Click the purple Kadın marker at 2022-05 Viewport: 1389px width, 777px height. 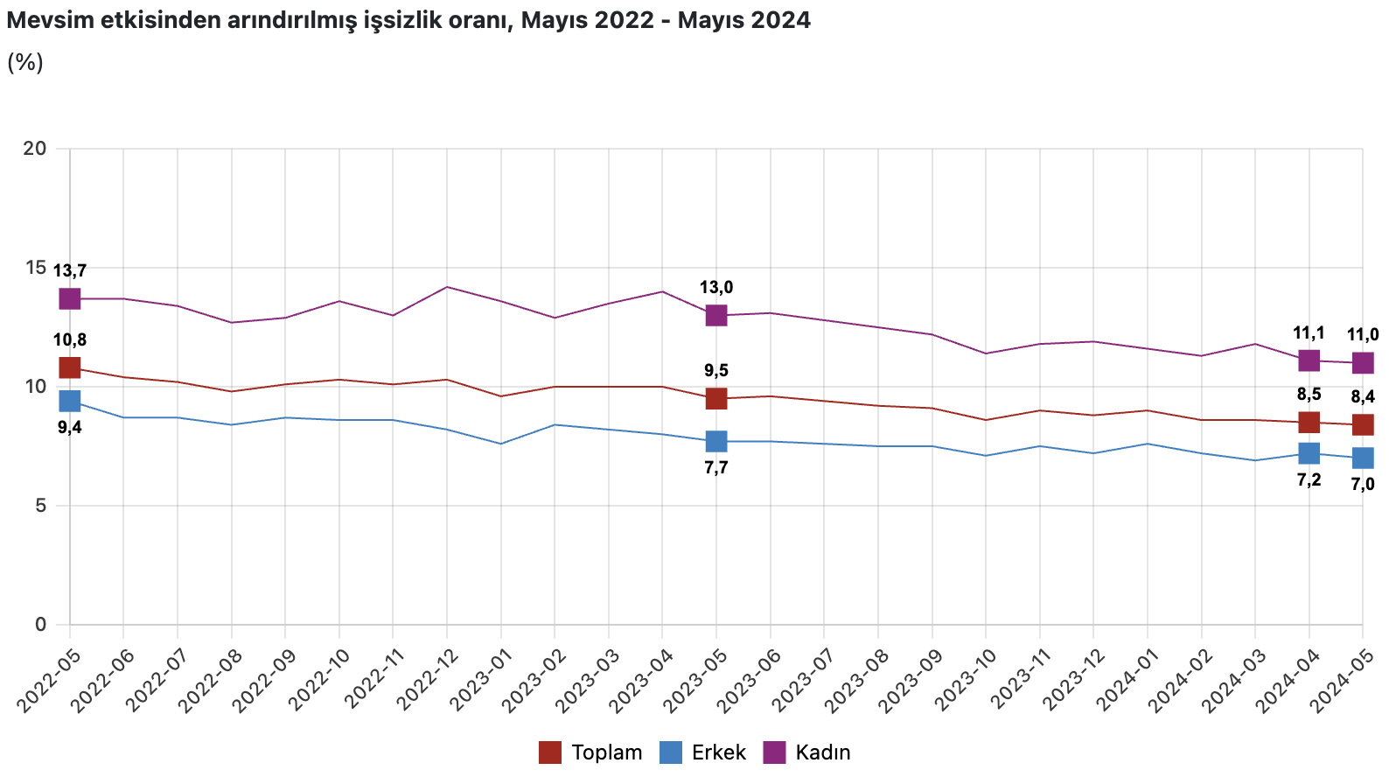70,299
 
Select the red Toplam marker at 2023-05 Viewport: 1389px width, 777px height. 716,398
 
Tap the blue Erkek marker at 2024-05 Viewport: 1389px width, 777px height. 1363,458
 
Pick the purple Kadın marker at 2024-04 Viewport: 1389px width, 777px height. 1309,360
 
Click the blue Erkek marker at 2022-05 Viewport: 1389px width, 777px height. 70,401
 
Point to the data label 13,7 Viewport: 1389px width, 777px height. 70,271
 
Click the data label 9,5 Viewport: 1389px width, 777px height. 716,371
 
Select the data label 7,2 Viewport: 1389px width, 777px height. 1309,479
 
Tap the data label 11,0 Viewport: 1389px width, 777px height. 1363,335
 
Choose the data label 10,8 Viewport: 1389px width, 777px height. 70,340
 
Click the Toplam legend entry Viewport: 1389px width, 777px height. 591,752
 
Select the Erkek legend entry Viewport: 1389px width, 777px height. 704,752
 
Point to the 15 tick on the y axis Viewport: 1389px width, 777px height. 35,268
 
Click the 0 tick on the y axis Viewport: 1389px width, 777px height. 40,625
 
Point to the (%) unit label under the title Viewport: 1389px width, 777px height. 25,62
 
